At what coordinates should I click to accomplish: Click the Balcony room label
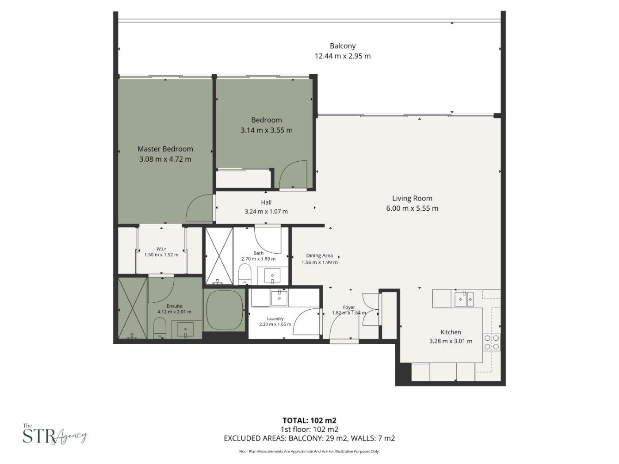click(342, 46)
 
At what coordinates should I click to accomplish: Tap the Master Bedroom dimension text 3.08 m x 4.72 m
click(165, 159)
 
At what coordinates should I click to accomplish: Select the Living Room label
click(412, 198)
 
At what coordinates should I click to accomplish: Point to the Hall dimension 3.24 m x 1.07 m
click(266, 212)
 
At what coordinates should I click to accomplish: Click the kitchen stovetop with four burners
click(492, 342)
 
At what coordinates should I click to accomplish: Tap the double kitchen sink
click(464, 299)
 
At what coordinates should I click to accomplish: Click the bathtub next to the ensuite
click(225, 310)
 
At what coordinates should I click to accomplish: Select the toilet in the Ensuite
click(160, 328)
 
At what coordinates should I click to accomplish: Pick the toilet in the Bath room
click(245, 274)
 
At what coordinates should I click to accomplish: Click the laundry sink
click(279, 298)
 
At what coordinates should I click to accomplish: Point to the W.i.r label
click(161, 249)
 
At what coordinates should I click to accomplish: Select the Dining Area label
click(319, 255)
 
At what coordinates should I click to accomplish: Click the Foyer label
click(349, 307)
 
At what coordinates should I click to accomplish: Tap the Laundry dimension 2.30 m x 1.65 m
click(275, 324)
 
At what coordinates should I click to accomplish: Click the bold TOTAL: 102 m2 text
click(309, 421)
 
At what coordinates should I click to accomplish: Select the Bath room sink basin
click(272, 275)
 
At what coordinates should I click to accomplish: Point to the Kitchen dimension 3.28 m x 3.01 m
click(451, 341)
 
